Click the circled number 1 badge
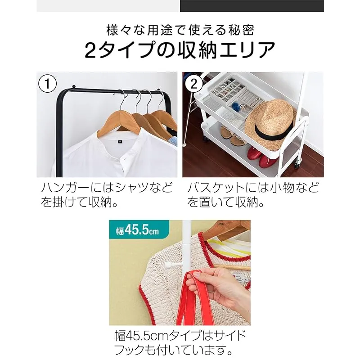[x=47, y=83]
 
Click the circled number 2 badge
[x=194, y=83]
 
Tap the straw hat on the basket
[x=270, y=125]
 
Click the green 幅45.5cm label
[x=139, y=229]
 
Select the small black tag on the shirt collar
[x=120, y=142]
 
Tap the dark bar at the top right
[x=252, y=6]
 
